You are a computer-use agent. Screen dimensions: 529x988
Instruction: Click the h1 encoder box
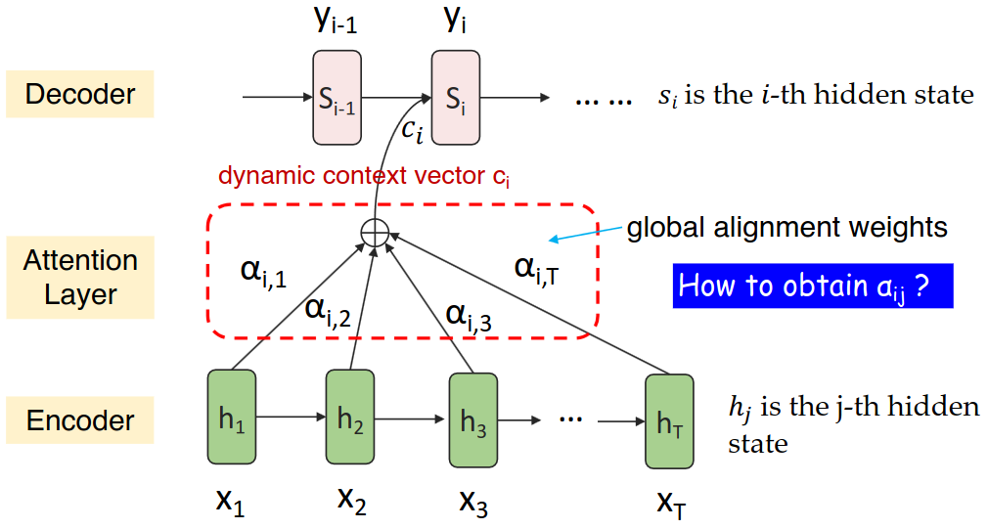(x=231, y=418)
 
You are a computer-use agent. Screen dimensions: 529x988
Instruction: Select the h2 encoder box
(x=350, y=417)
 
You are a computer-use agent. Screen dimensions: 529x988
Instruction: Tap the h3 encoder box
(x=472, y=420)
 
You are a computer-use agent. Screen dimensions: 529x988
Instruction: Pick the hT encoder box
(x=669, y=421)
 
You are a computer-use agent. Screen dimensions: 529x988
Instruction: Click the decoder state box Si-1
(x=337, y=97)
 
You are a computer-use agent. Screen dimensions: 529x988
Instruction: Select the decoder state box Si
(x=456, y=97)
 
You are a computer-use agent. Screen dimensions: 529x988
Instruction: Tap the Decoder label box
(x=80, y=94)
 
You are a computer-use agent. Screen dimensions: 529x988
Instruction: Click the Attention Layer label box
(x=80, y=278)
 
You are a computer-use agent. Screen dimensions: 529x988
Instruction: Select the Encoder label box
(x=80, y=420)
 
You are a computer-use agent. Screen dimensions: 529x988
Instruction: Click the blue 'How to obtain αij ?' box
(x=812, y=286)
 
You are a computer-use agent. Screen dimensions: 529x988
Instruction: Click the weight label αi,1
(x=263, y=273)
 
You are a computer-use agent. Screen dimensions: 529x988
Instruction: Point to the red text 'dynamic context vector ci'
(x=365, y=177)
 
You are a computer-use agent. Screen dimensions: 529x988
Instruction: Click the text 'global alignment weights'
(x=786, y=228)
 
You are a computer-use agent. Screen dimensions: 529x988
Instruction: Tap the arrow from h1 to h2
(x=290, y=418)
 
